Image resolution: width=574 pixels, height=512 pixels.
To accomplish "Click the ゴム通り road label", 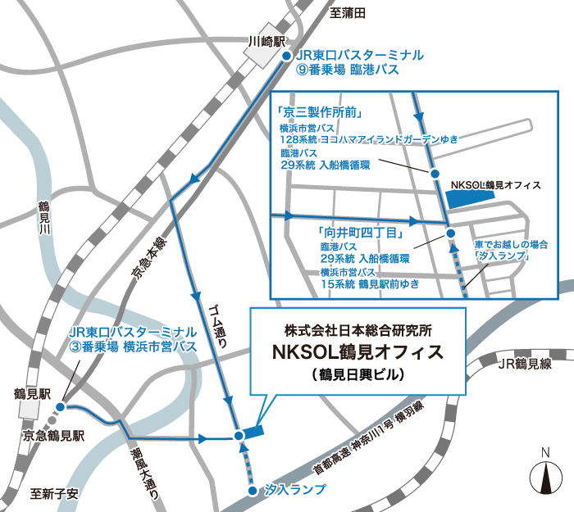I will (218, 326).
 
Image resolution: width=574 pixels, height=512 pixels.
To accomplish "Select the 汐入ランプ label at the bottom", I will (296, 490).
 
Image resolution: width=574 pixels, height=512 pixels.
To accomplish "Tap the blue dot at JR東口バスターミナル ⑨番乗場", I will (286, 56).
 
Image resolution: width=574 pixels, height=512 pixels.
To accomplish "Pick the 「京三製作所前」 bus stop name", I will (321, 111).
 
